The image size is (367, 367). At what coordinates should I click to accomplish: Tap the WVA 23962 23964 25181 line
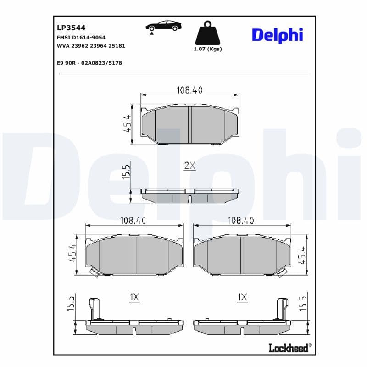(91, 46)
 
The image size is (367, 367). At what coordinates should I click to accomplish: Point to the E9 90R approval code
(89, 63)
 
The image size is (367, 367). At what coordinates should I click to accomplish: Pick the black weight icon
(207, 33)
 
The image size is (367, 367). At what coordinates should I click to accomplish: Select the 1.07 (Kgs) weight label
(208, 49)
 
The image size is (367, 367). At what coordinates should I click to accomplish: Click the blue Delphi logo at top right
(277, 35)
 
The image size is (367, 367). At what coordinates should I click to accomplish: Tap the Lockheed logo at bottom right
(288, 348)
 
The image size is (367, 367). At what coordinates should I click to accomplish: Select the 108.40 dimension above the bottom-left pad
(133, 221)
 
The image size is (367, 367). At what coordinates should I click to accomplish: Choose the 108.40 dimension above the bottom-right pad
(241, 221)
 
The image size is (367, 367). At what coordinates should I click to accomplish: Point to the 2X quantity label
(189, 166)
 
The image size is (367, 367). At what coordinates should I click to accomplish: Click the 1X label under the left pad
(134, 298)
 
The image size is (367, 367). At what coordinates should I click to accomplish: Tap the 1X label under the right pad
(242, 298)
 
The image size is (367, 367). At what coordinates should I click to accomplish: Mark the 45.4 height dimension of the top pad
(128, 124)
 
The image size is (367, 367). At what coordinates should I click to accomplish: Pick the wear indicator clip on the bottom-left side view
(95, 308)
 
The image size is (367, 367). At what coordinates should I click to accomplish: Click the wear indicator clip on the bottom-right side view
(281, 308)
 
